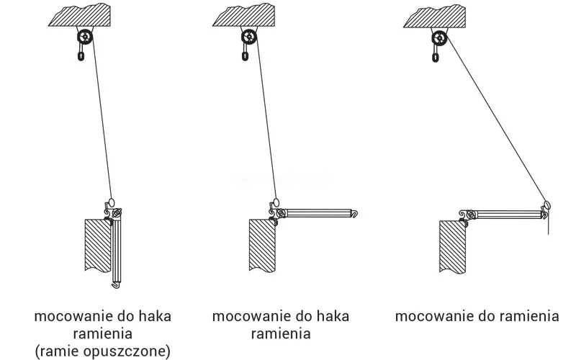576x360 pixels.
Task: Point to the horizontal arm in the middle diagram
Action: point(317,213)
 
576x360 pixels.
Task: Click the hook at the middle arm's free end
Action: point(356,212)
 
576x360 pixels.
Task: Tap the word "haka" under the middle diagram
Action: point(332,316)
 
